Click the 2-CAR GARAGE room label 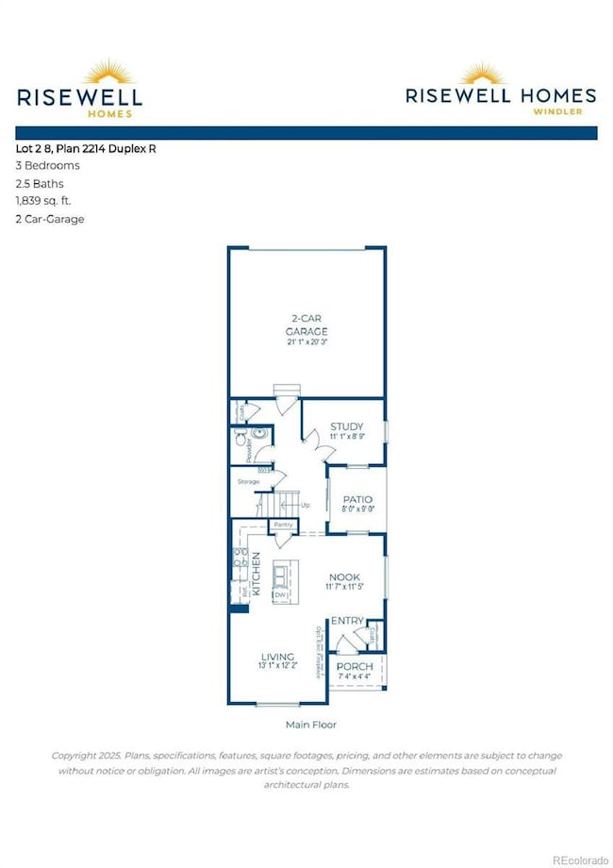306,325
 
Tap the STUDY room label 347,426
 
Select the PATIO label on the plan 356,499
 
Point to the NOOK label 345,576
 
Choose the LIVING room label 277,656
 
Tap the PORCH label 356,666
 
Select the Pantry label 281,525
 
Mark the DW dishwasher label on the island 280,595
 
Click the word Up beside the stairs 304,506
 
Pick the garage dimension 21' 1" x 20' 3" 306,341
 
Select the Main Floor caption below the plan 310,725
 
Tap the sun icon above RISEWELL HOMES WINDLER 501,73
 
